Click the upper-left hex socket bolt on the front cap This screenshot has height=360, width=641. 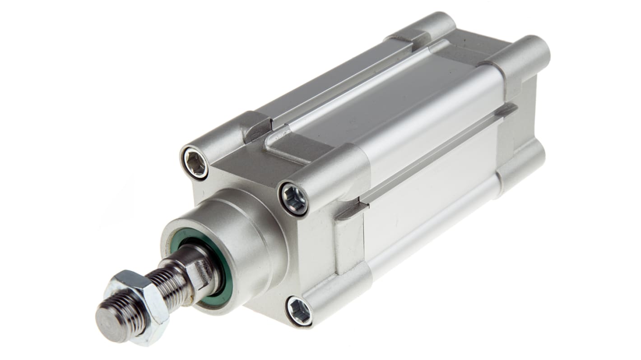195,163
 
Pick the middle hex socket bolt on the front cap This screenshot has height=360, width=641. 294,199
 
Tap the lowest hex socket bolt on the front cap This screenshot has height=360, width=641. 299,311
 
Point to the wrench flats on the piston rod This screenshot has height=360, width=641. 199,271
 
